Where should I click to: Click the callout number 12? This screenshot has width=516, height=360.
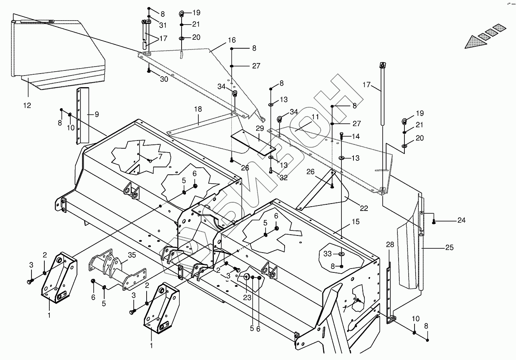coord(27,105)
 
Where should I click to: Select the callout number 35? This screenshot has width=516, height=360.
coord(132,255)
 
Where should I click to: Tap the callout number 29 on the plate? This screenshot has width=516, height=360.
coord(260,129)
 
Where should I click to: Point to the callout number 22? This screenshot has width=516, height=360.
coord(364,209)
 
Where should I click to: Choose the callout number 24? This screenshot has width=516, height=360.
coord(461,220)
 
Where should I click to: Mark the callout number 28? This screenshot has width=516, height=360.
coord(390,244)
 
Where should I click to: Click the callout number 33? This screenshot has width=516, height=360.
coord(327,254)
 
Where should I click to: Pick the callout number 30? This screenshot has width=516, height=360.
coord(164,79)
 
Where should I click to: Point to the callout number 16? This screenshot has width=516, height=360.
coord(232,40)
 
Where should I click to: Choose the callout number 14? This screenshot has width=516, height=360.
coord(355,136)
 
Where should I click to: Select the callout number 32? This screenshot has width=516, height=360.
coord(284,177)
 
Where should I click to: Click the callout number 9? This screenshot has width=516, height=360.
coord(96,114)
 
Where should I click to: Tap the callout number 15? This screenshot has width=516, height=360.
coord(356,222)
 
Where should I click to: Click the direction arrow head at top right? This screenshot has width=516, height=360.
coord(472,42)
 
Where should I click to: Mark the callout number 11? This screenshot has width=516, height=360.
coord(315,116)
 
